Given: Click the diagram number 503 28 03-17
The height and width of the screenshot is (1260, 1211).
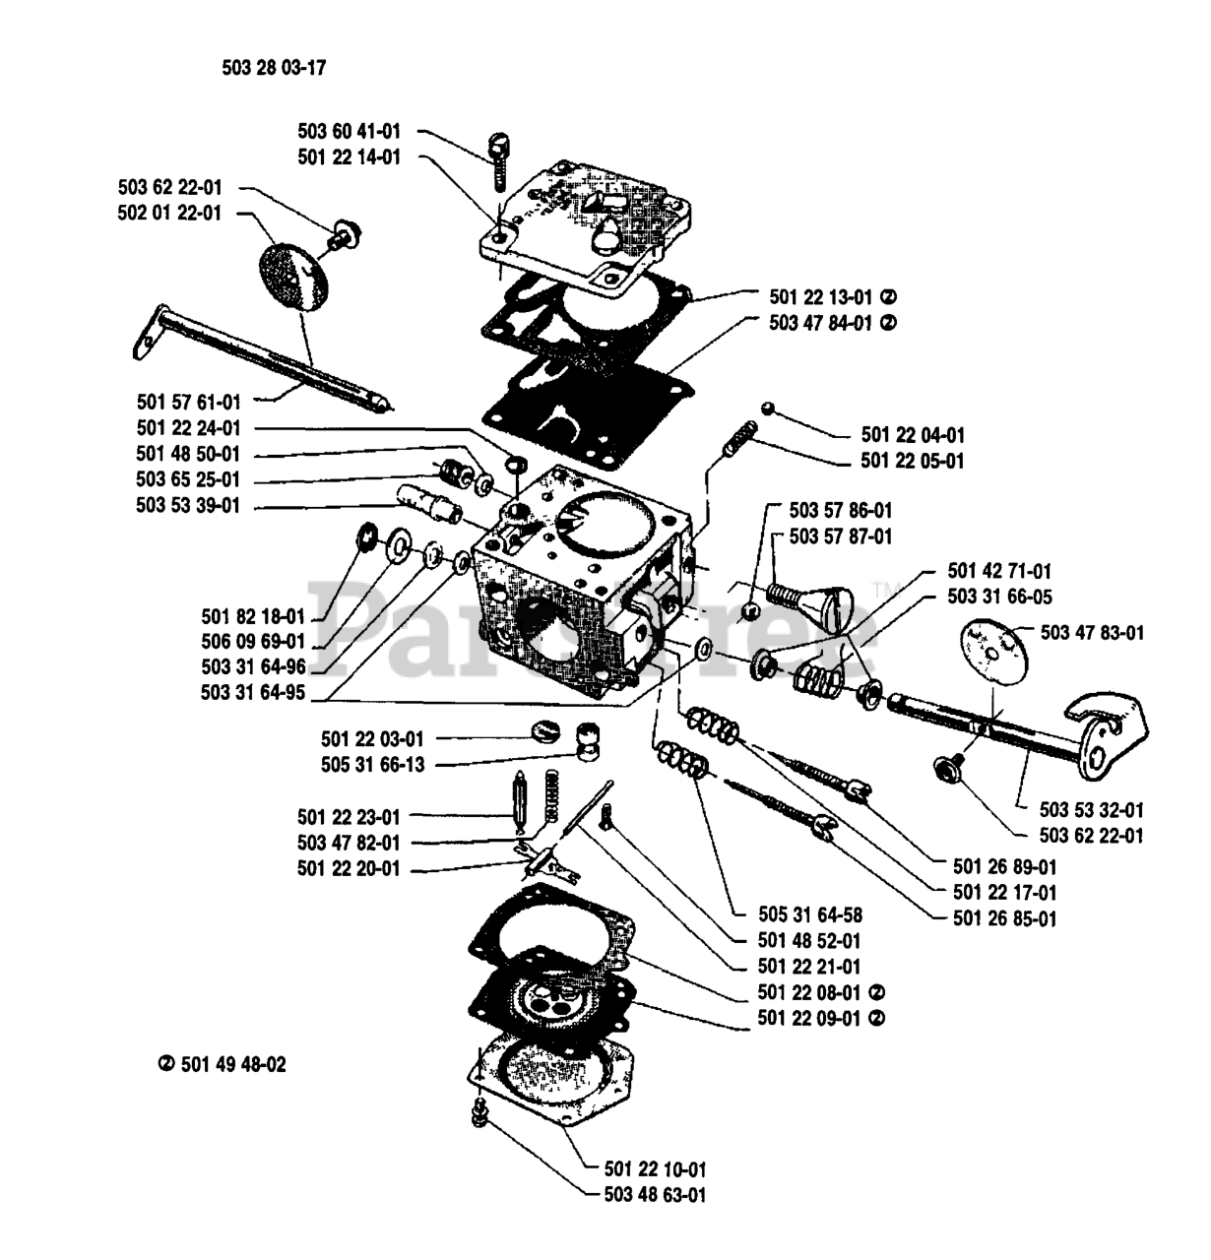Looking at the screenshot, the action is [274, 67].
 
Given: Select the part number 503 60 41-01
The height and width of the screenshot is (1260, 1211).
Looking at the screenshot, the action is [350, 132].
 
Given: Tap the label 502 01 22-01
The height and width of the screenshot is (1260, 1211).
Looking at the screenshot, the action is [169, 213].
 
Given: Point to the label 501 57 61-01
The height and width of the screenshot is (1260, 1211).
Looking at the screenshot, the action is [188, 402].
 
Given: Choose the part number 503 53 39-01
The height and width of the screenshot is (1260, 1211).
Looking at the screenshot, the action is [188, 505].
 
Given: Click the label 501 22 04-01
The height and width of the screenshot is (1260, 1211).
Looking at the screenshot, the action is [913, 434].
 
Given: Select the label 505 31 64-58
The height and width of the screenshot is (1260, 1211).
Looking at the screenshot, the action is [811, 914].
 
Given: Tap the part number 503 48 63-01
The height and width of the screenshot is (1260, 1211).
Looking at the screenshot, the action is [656, 1195].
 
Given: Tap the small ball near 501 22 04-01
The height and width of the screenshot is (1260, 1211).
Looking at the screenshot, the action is [767, 408].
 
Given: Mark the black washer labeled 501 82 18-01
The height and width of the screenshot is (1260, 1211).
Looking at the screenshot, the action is [368, 536].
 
